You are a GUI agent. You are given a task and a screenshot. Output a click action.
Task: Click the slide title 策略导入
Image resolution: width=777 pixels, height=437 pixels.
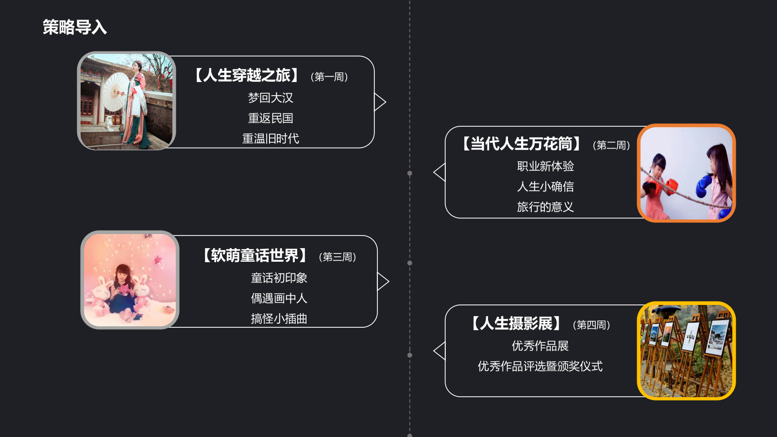(74, 27)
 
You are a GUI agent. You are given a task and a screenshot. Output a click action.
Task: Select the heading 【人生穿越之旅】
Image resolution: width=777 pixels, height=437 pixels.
(247, 76)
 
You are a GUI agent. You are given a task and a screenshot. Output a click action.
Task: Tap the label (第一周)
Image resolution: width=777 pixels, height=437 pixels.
(329, 77)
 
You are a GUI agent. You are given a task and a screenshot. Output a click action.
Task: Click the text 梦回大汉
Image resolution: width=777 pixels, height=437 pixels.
(270, 98)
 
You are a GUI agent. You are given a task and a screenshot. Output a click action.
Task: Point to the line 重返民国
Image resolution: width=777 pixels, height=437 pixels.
(270, 118)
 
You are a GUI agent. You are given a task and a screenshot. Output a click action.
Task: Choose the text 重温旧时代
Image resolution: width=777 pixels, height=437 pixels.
(270, 138)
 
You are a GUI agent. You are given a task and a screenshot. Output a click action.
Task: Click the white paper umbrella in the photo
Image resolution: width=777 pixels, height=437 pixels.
(116, 92)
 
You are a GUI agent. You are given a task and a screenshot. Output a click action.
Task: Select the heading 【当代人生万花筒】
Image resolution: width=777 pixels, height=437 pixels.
(522, 144)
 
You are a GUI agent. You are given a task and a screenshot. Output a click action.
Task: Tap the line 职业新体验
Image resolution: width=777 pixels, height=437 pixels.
(545, 166)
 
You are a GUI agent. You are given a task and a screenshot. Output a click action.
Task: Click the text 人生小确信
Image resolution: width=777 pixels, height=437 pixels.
(545, 186)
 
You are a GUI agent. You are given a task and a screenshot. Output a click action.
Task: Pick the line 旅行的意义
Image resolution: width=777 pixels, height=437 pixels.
(545, 207)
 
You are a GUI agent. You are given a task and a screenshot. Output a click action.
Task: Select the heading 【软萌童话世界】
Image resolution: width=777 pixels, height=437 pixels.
(255, 255)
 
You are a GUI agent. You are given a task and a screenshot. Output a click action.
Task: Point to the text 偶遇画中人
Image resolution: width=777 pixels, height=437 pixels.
(279, 298)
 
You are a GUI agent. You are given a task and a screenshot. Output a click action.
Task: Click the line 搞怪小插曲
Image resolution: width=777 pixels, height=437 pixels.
(279, 319)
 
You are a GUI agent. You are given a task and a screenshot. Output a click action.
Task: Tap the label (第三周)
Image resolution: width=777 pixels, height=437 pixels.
(338, 257)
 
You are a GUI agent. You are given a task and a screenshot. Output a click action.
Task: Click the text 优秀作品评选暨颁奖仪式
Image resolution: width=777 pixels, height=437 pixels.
(540, 366)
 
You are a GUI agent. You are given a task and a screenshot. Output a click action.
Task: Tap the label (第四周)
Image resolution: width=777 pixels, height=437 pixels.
(591, 325)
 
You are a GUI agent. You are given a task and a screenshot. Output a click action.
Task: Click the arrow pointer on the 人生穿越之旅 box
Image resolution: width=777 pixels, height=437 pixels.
(380, 102)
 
